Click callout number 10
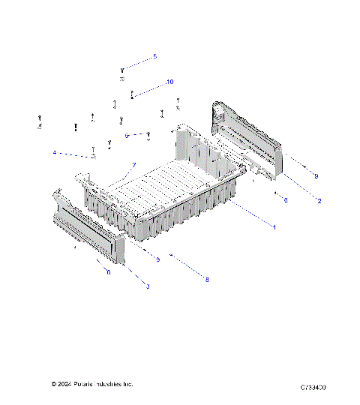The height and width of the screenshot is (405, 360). coord(169,81)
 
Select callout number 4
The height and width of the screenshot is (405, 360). coord(54,153)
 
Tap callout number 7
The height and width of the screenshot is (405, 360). coord(134,165)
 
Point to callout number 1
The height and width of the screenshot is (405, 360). coord(274,227)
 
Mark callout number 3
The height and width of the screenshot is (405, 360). coord(147,286)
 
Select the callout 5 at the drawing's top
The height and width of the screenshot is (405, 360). coord(154,56)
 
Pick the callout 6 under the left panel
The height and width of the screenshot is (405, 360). coord(108,272)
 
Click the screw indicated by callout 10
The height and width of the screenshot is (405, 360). coord(133,94)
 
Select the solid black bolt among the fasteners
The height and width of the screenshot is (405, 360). coord(76,128)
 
